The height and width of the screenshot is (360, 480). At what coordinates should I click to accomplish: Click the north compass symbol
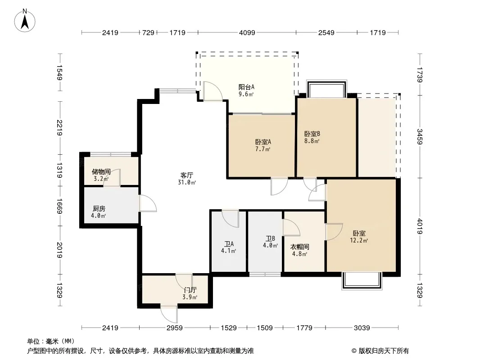[25, 21]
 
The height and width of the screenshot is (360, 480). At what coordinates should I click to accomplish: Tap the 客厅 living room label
[186, 175]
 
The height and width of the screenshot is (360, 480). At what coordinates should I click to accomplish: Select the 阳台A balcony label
[246, 87]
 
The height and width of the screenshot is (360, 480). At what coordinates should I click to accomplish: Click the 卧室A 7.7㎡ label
[263, 145]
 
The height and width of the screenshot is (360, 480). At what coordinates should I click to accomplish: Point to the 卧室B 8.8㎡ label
[312, 137]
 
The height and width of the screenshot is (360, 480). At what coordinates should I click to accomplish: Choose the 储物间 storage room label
[101, 171]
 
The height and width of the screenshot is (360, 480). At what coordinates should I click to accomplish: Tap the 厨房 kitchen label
[99, 209]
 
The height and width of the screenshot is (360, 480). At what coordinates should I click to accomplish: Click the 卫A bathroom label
[229, 244]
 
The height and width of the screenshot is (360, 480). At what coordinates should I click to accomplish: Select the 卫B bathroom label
[270, 238]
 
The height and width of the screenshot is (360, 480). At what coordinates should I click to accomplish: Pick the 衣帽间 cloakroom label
[300, 247]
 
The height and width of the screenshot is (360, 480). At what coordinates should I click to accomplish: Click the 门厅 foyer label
[190, 290]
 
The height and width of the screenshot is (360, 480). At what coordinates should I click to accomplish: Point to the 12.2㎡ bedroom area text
[359, 241]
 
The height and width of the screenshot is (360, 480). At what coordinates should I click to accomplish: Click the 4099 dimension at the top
[247, 32]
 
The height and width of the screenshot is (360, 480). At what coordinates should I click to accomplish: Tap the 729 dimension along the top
[148, 32]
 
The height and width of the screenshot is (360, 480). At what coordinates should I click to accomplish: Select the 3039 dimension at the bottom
[362, 328]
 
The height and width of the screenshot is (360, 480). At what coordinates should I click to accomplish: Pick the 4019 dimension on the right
[419, 226]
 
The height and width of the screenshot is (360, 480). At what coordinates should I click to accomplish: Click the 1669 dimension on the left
[59, 206]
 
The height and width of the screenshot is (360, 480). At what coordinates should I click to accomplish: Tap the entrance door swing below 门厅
[169, 314]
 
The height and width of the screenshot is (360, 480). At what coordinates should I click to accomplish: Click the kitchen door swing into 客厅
[148, 203]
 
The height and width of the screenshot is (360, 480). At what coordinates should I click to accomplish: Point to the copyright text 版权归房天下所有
[384, 351]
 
